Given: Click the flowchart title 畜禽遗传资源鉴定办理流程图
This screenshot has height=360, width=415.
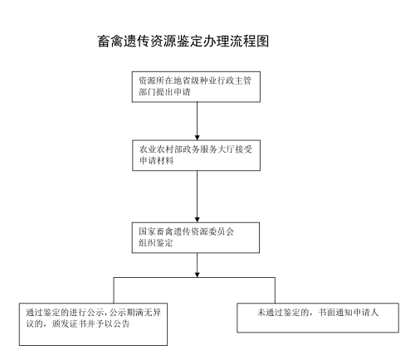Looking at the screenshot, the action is [183, 41].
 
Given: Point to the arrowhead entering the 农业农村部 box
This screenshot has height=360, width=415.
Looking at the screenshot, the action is [198, 138].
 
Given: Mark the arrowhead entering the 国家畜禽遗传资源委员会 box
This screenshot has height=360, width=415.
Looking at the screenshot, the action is [198, 220].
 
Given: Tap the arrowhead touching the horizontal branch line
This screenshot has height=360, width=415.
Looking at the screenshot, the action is [198, 275].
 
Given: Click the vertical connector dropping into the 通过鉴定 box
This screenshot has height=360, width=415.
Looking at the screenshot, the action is [114, 290].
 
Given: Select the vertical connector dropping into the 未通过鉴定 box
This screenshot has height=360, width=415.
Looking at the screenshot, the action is [275, 290].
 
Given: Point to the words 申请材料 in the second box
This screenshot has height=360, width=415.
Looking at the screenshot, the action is [157, 160].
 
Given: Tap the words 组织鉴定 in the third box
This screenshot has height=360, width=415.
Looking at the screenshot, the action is [156, 242].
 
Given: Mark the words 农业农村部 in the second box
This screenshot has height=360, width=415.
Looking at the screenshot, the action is [161, 149].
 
